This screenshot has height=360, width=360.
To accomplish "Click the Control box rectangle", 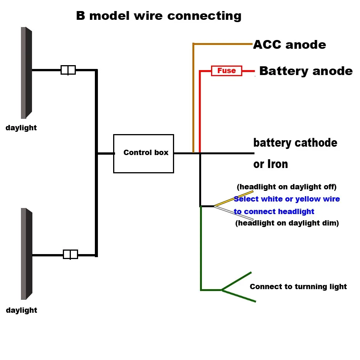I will pos(144,153).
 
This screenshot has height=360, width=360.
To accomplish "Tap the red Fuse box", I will pos(226,70).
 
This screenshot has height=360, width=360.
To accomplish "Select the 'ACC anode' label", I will pos(290,45).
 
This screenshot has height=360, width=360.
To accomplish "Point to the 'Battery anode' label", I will pos(306,71).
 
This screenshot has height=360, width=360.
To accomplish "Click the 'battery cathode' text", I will pos(295,143).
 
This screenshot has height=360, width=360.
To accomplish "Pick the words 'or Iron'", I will pos(270,164).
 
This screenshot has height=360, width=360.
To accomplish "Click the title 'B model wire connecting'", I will pos(159,16).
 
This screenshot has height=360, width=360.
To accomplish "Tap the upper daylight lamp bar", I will pos(26,72).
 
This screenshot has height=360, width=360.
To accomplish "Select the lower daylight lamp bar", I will pos(26,253).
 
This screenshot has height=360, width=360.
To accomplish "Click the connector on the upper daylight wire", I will pos(68,70).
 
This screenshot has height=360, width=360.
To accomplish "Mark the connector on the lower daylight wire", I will pos(70,254).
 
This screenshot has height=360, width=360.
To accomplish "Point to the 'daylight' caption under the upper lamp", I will pos(21,128).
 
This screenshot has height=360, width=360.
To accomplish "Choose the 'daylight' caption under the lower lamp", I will pos(21,310).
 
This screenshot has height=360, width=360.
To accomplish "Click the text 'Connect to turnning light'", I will pos(298,287).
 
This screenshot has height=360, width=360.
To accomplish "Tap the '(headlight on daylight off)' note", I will pos(286,187).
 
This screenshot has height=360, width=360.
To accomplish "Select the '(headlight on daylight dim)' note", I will pos(287,223).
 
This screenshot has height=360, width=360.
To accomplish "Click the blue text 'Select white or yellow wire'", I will pos(287,199).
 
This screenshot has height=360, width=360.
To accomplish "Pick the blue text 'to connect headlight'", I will pos(274,212).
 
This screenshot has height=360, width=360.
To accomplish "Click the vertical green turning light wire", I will pos(201,248).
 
